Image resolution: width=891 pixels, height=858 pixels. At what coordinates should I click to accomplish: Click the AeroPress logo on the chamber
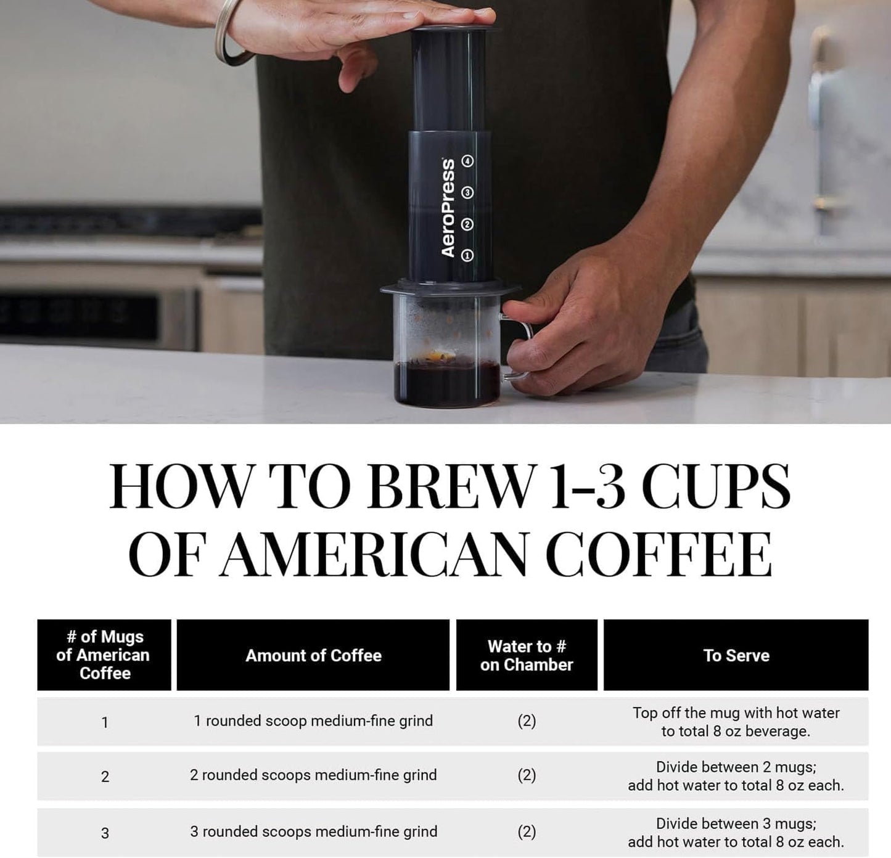[448, 208]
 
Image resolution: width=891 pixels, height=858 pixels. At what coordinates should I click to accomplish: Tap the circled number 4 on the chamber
[468, 161]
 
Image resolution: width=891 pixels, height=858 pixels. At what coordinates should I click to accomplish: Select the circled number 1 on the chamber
[467, 255]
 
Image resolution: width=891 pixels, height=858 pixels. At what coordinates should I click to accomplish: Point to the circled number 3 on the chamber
[467, 193]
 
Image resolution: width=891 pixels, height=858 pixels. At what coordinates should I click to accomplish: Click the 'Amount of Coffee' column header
[313, 655]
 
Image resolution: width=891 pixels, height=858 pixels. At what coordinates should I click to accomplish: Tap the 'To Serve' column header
[736, 655]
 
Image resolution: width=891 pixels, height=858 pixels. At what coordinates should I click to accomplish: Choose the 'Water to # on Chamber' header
[527, 655]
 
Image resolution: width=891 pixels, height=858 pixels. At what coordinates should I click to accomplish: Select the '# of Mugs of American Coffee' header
[104, 655]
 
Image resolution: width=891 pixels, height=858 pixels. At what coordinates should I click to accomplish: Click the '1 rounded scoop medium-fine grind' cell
[313, 721]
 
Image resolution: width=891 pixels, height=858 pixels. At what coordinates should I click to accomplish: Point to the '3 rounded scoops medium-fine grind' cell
[313, 831]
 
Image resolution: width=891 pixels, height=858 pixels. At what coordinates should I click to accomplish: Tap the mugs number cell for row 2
[105, 777]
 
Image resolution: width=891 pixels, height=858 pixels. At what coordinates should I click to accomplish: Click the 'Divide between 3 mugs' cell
[736, 832]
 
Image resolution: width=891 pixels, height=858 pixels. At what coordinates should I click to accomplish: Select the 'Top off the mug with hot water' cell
[736, 722]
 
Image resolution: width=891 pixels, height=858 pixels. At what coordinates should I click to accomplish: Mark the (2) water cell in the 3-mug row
[527, 831]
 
